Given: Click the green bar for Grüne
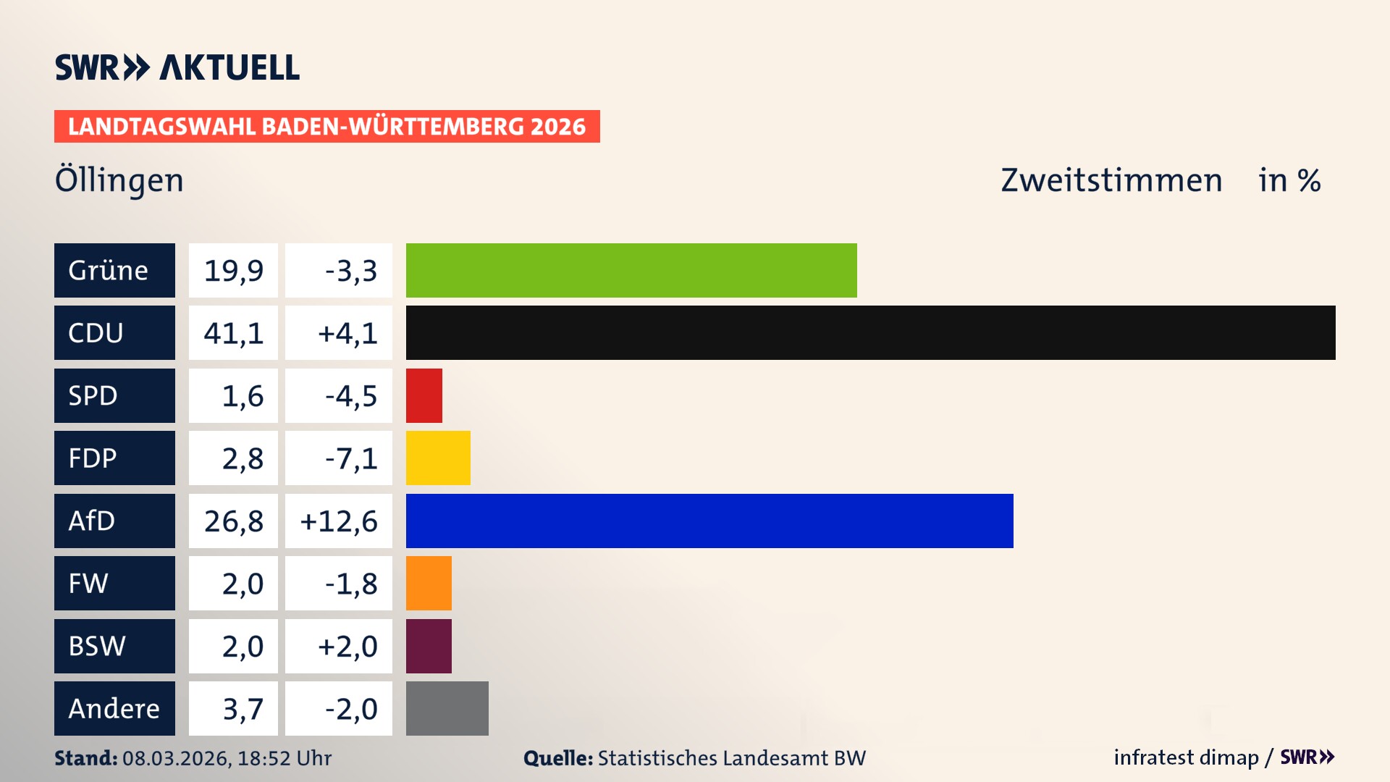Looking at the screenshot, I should pyautogui.click(x=631, y=270).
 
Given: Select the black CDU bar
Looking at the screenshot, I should pyautogui.click(x=870, y=333).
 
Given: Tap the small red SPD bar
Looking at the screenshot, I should pyautogui.click(x=424, y=395).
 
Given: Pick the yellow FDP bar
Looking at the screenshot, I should pyautogui.click(x=438, y=458).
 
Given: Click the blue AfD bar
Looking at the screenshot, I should pyautogui.click(x=709, y=521).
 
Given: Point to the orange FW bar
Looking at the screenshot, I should pyautogui.click(x=429, y=583).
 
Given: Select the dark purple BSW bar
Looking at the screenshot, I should pyautogui.click(x=429, y=646).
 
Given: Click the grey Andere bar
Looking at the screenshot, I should pyautogui.click(x=447, y=708).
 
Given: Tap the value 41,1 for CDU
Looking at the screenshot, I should pyautogui.click(x=233, y=333).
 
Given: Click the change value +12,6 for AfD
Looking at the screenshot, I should pyautogui.click(x=339, y=521).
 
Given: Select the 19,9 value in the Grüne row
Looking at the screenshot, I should pyautogui.click(x=233, y=270).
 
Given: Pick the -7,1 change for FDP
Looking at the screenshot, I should pyautogui.click(x=350, y=458).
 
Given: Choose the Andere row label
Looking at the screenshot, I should pyautogui.click(x=114, y=708).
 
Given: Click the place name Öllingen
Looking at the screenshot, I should pyautogui.click(x=119, y=180).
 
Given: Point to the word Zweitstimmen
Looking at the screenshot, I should pyautogui.click(x=1111, y=180).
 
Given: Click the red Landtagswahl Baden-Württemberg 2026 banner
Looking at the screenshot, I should pyautogui.click(x=327, y=126).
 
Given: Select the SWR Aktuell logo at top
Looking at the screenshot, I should pyautogui.click(x=177, y=67).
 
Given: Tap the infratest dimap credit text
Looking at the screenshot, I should pyautogui.click(x=1186, y=757).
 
